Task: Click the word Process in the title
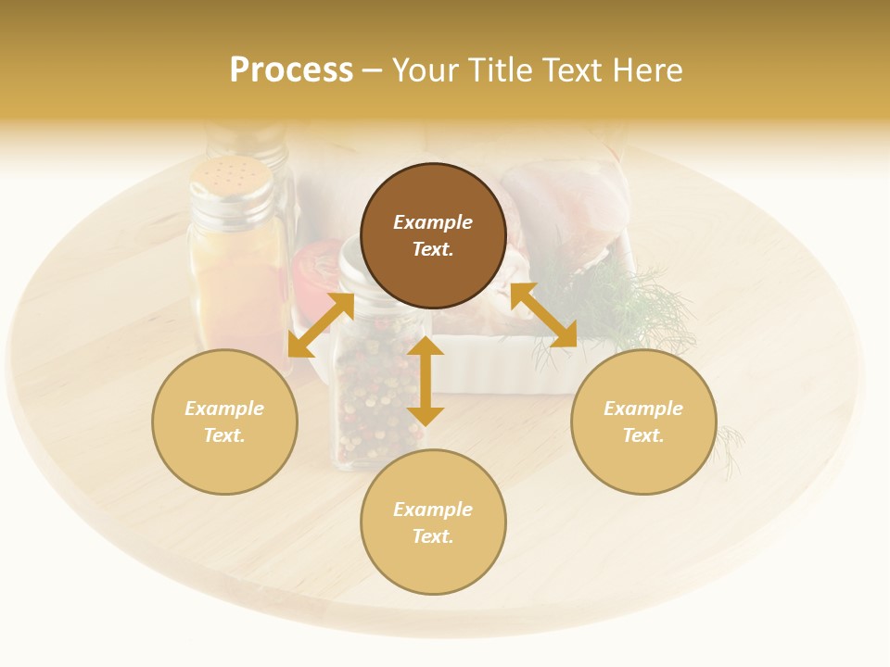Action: click(291, 70)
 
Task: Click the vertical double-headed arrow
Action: click(426, 381)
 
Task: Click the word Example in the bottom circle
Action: click(433, 510)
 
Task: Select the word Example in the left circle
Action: click(224, 409)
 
